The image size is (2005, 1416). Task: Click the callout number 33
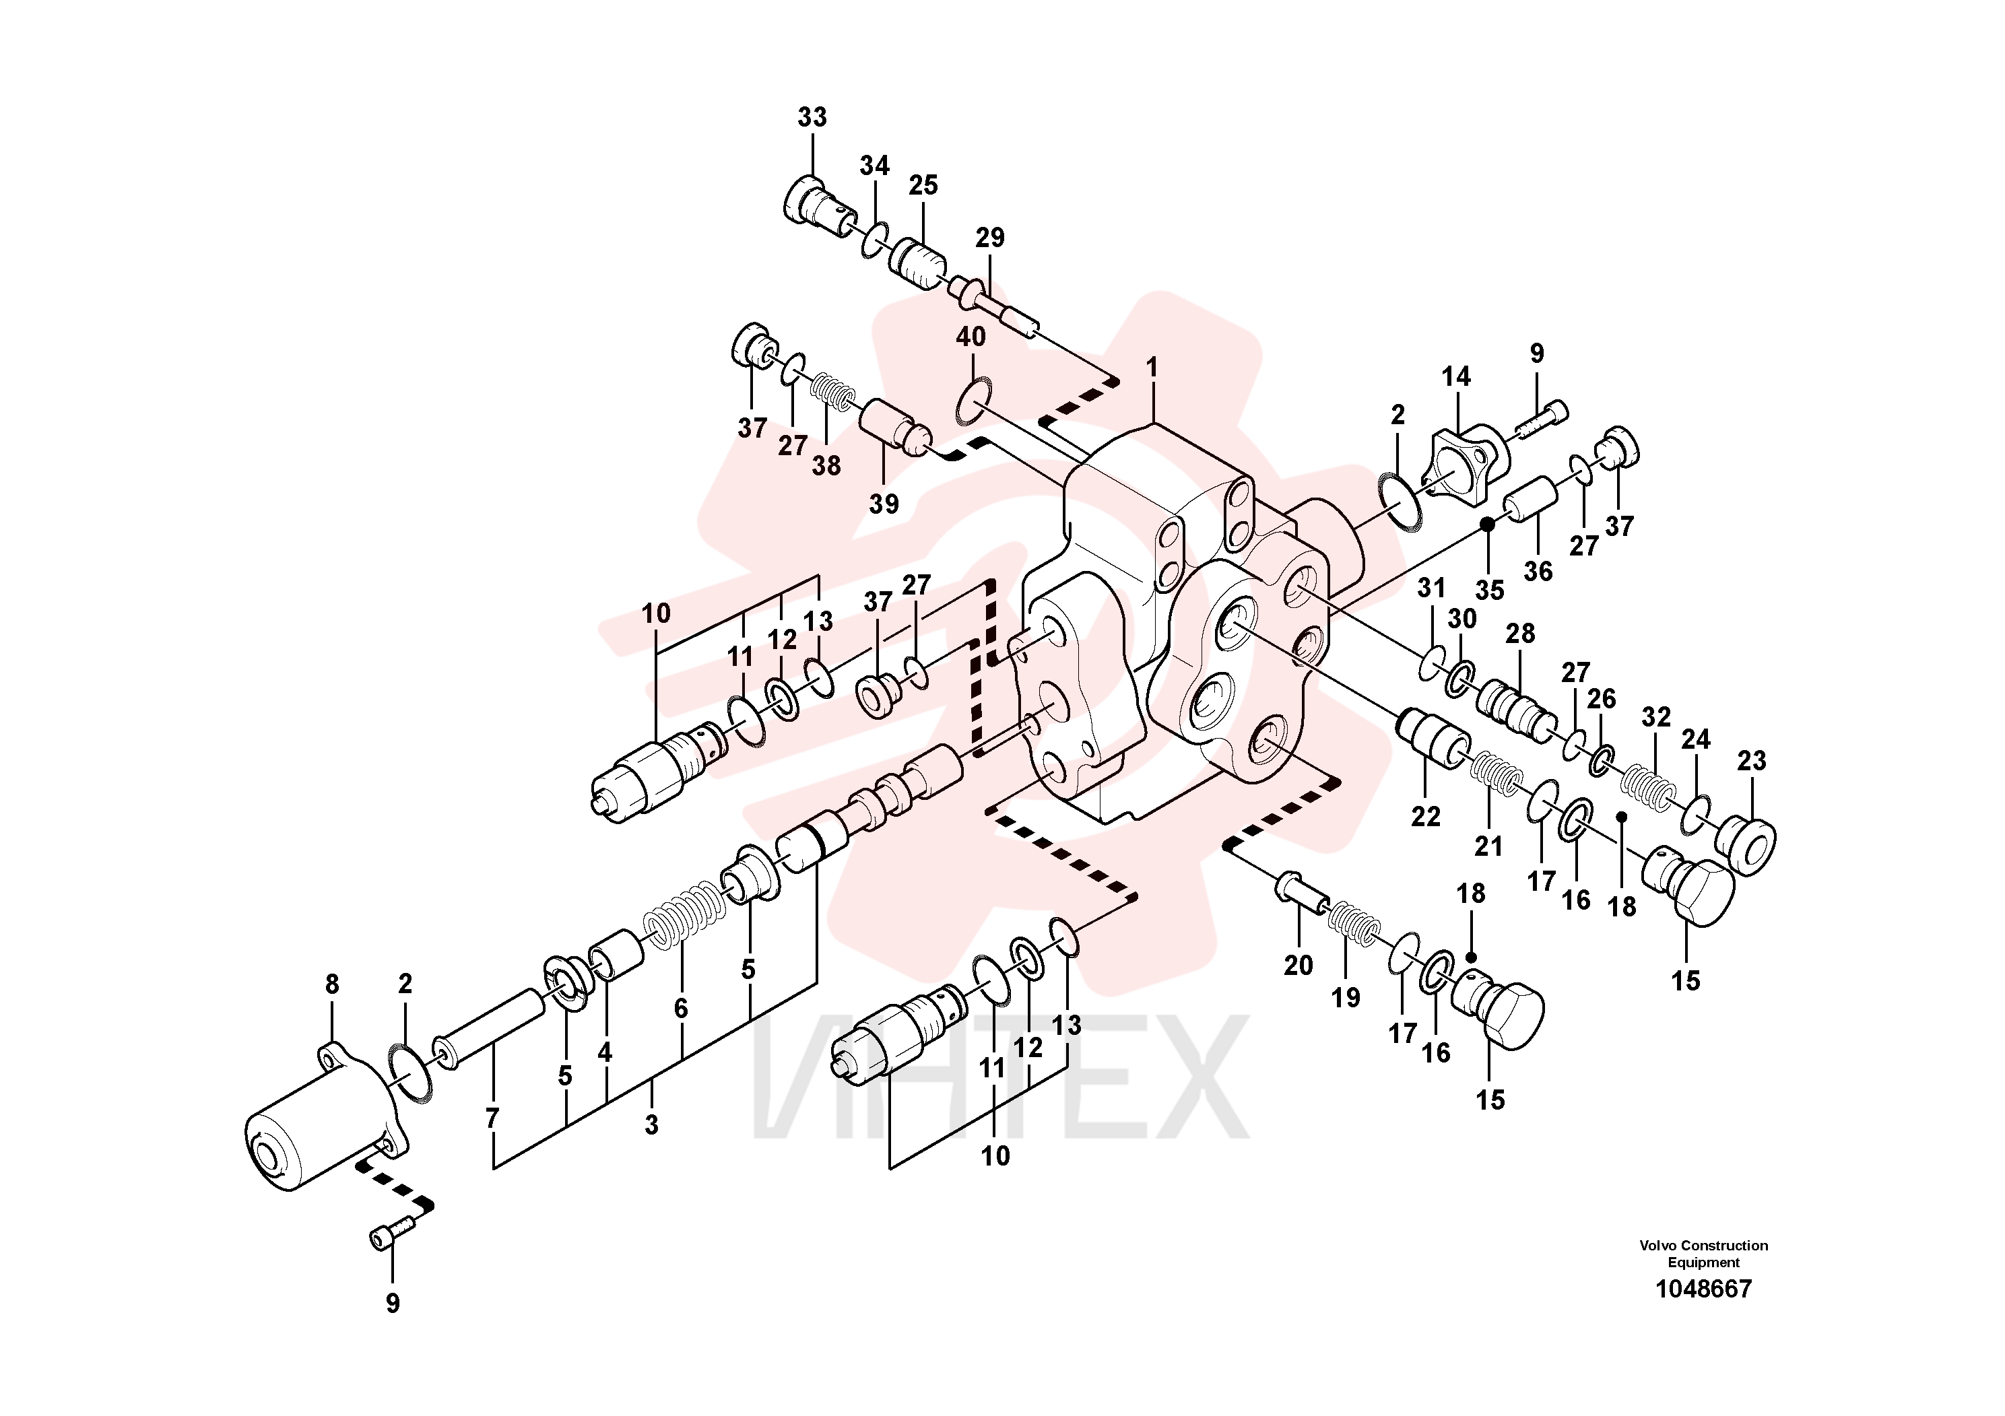coord(812,117)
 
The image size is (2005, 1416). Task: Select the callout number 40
coord(971,337)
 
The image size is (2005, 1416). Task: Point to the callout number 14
coord(1455,376)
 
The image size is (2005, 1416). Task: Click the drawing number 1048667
coord(1704,1289)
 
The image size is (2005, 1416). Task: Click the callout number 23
coord(1751,762)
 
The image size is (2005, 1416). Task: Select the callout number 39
coord(884,504)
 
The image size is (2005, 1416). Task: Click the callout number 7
coord(492,1118)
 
